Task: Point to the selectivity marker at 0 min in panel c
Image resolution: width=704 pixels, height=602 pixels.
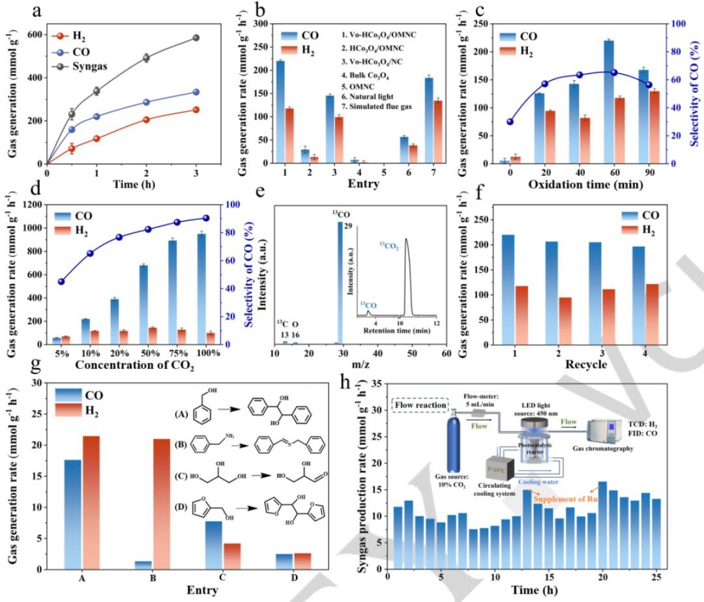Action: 510,122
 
